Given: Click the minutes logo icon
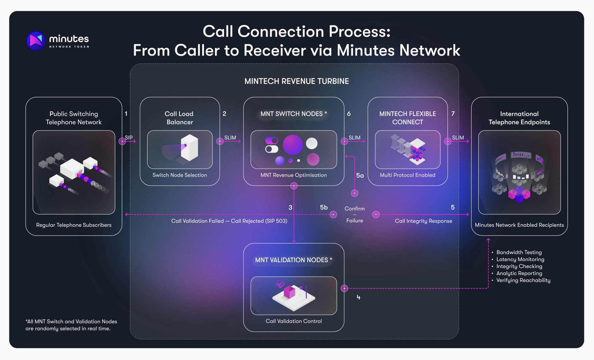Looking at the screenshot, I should pos(36,41).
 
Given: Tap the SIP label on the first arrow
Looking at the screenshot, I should pos(129,138).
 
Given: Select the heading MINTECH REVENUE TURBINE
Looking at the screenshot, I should pos(296,81).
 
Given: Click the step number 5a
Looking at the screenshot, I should pos(360,175).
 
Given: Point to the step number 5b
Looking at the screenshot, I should pos(324,207).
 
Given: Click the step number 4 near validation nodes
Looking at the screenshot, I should pos(358,297).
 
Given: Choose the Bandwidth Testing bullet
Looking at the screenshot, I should pos(519,252).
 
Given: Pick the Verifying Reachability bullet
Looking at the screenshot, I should pos(523,280).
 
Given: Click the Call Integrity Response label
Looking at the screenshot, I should pos(423,221).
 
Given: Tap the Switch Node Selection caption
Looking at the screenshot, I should pos(180,175).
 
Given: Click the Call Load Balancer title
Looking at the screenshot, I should pos(179,118).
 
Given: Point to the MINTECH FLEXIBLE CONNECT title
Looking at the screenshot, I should pos(408,118).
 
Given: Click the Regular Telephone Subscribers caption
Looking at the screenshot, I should pos(74,225).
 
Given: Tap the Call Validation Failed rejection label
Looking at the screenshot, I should pos(229,221).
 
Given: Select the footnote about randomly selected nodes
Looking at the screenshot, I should pos(71,325).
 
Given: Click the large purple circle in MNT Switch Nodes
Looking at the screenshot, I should pos(292,145).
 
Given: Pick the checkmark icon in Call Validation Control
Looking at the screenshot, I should pos(280,283).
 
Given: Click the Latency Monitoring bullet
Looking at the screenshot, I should pos(520,259).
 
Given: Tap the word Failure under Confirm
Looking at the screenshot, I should pos(355,221).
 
